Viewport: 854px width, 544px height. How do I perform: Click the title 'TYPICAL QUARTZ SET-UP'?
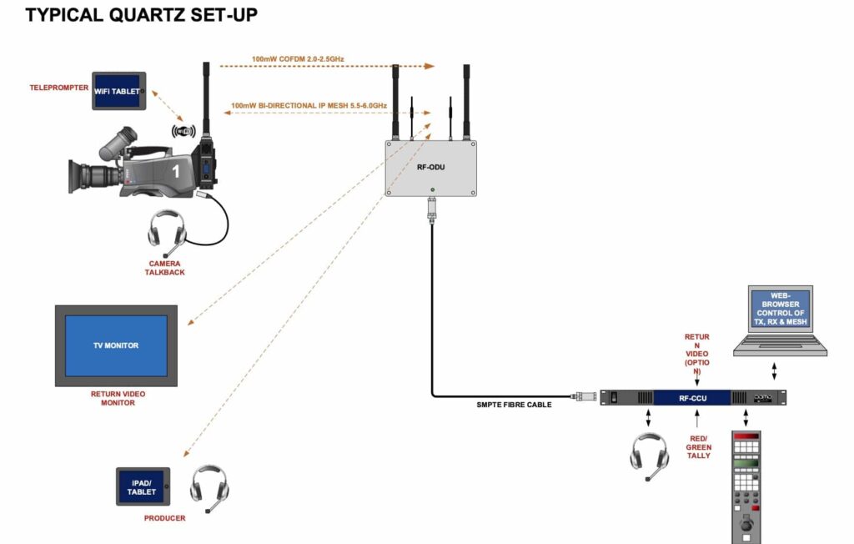click(x=142, y=14)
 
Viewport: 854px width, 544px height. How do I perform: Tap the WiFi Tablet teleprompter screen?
click(x=118, y=91)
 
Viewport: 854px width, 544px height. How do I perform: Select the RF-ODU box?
click(x=430, y=167)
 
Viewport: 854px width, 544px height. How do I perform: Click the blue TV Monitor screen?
click(x=116, y=345)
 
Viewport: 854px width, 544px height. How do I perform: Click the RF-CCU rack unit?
click(x=693, y=398)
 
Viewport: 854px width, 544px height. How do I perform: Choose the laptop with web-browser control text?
click(x=780, y=321)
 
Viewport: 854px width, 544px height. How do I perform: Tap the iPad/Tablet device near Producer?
click(x=142, y=486)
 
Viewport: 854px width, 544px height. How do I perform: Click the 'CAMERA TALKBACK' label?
click(x=165, y=268)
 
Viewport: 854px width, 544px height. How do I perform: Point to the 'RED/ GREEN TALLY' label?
click(x=699, y=447)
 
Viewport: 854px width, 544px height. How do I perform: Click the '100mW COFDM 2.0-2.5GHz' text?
click(x=298, y=59)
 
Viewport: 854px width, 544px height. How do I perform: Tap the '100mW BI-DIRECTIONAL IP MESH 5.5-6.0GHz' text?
click(x=309, y=106)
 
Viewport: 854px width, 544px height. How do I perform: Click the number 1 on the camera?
click(x=175, y=171)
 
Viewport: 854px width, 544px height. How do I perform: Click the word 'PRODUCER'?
click(x=164, y=518)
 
